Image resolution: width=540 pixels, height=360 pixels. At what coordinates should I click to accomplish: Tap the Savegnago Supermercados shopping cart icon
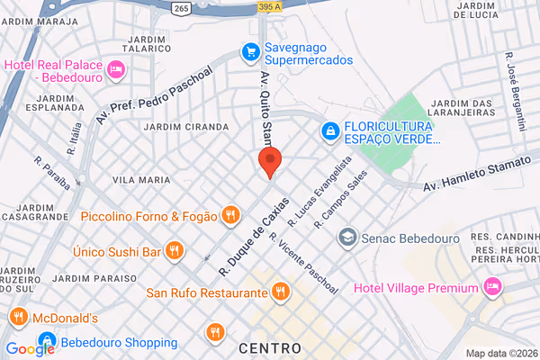249,53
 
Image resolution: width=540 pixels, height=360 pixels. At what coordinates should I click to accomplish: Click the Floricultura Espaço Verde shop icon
331,132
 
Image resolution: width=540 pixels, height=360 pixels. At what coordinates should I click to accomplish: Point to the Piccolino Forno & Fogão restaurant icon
231,215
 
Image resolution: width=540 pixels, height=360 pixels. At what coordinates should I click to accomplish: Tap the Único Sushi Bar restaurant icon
174,250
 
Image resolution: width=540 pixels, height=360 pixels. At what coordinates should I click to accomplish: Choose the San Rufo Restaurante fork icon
281,292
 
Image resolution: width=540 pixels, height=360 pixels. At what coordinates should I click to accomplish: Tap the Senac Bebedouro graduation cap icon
346,238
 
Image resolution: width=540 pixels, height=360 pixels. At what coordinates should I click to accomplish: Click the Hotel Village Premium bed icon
491,287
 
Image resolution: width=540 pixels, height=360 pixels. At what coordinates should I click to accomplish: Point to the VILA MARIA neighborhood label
140,180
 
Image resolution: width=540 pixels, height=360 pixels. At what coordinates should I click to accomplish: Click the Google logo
30,349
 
